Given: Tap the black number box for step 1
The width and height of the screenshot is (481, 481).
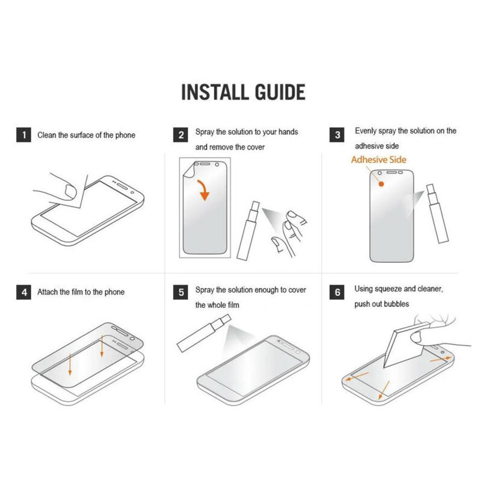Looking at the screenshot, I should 23,135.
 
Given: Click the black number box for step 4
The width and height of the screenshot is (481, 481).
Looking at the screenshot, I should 23,293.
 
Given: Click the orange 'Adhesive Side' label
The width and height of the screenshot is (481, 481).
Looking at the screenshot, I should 379,160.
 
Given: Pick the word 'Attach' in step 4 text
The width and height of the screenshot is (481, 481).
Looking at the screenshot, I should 47,292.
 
